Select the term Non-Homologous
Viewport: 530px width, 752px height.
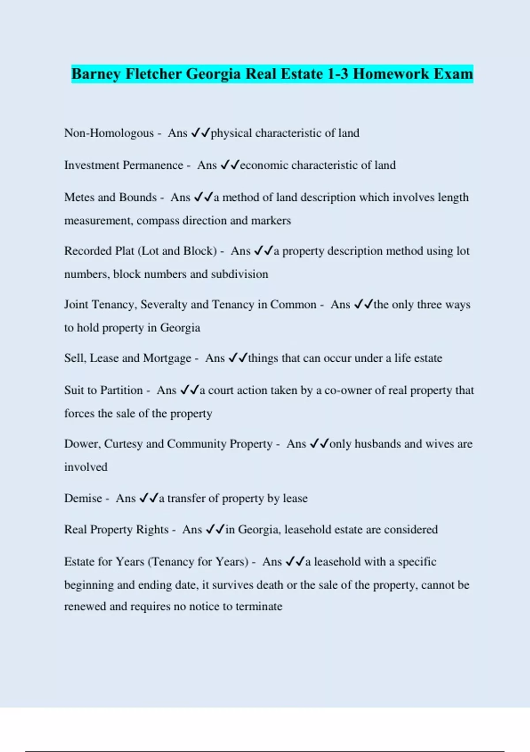click(x=109, y=133)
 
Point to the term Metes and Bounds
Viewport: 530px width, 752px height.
click(x=110, y=197)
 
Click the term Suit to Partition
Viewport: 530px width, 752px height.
click(x=103, y=391)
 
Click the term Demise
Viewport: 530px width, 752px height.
click(x=83, y=499)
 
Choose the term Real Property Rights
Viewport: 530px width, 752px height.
click(x=116, y=530)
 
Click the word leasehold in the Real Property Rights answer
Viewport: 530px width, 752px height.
click(x=307, y=530)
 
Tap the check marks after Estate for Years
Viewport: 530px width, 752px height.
click(x=295, y=562)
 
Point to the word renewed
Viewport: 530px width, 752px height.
click(x=85, y=606)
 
